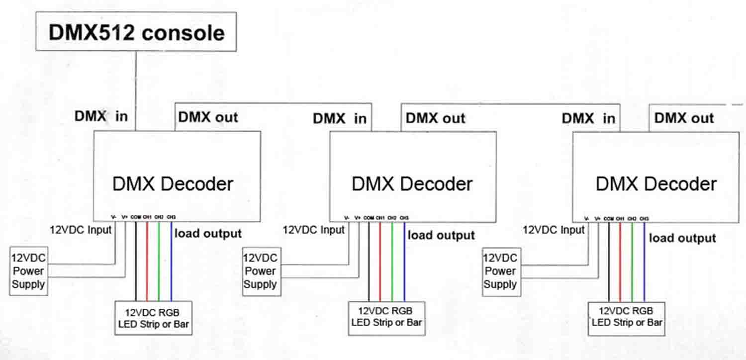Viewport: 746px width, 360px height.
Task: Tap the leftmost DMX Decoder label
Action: (x=173, y=184)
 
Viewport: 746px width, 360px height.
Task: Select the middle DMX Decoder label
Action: (x=412, y=184)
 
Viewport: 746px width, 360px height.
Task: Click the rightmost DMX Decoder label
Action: (x=656, y=184)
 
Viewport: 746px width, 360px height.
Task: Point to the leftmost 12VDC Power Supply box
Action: (x=29, y=271)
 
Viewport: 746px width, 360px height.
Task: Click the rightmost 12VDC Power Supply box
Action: (x=501, y=271)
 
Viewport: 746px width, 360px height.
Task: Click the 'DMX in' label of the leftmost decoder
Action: (x=101, y=117)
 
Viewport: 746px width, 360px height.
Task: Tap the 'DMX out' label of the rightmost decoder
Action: (x=684, y=118)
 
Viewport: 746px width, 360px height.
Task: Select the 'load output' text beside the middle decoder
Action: (x=441, y=235)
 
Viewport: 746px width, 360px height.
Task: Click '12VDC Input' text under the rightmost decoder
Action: (x=554, y=230)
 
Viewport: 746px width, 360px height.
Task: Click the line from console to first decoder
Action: (x=136, y=90)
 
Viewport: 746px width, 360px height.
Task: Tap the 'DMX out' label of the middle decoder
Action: (x=435, y=118)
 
